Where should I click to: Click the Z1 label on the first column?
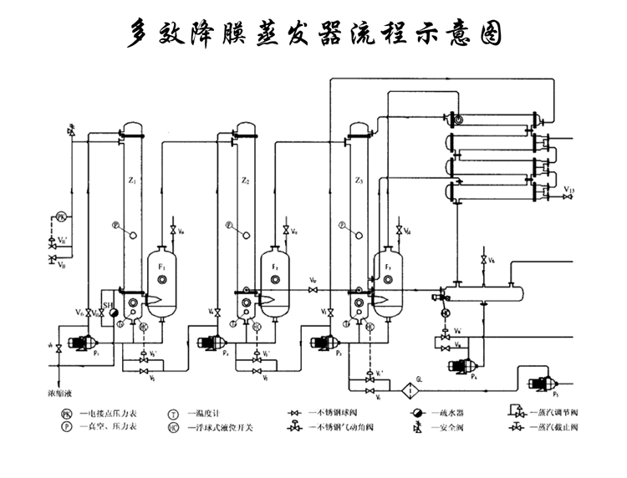click(133, 181)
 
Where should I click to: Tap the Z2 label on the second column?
click(245, 181)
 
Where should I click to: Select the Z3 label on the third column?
click(359, 181)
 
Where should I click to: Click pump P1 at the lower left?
click(80, 342)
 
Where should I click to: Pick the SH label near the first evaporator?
click(107, 292)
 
